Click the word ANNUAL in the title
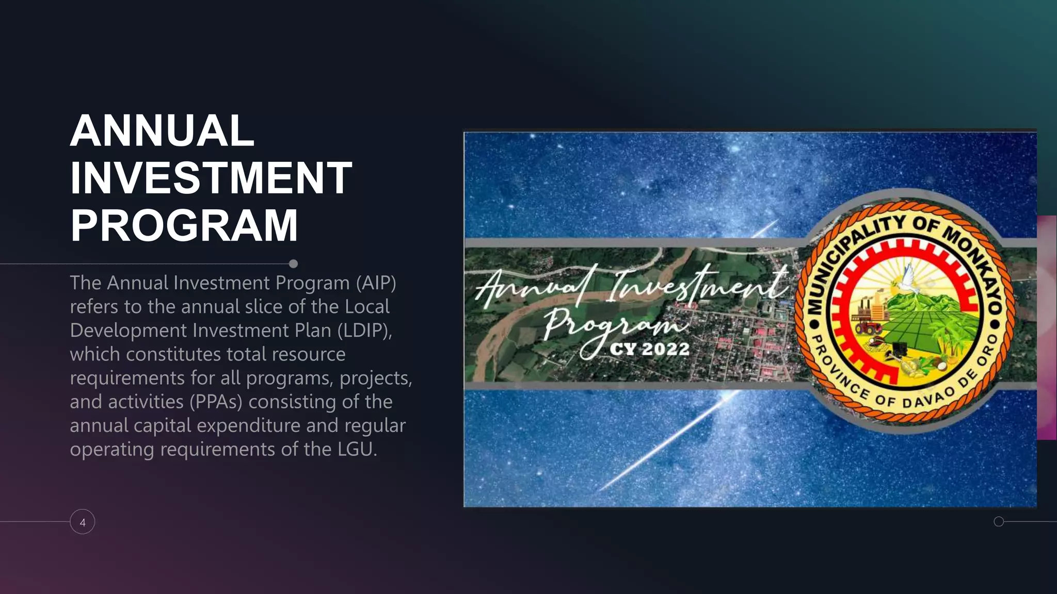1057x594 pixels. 162,131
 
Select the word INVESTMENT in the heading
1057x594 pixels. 211,178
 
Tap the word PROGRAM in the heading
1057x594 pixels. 184,225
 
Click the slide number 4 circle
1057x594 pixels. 83,522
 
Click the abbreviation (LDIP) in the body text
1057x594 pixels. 364,331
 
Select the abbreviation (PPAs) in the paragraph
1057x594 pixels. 216,402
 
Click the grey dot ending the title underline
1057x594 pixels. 293,264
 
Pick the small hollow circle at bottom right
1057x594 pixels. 999,521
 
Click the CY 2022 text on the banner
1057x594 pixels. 649,349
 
